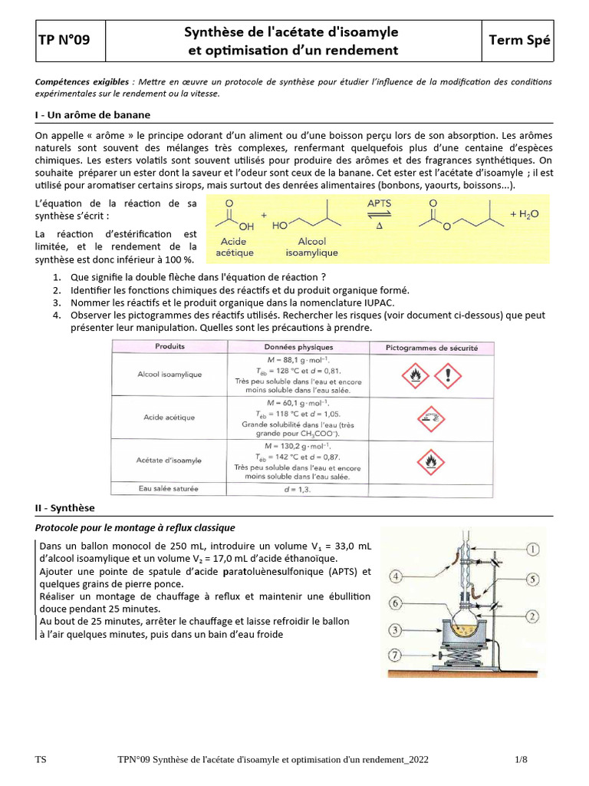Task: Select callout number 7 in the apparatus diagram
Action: pyautogui.click(x=396, y=655)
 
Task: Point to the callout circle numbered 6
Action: pyautogui.click(x=396, y=604)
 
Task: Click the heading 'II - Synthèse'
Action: pyautogui.click(x=65, y=508)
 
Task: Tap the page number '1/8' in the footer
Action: pyautogui.click(x=522, y=759)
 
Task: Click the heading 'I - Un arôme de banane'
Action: pyautogui.click(x=93, y=114)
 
